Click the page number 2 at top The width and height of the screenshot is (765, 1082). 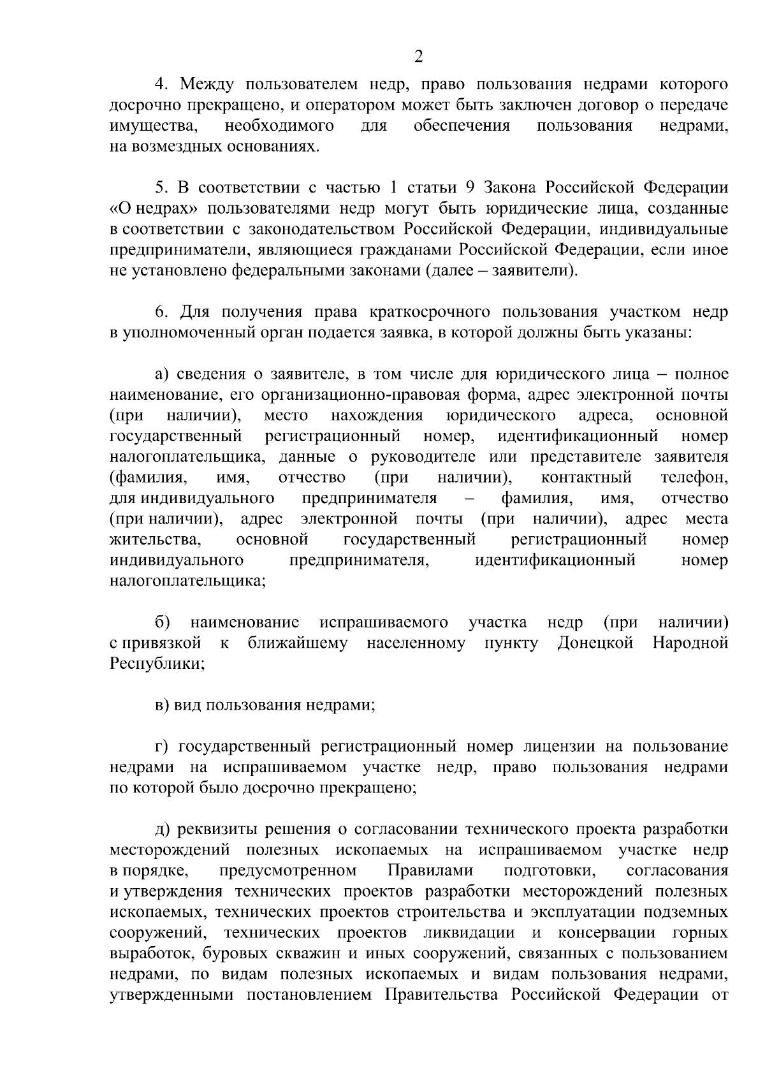[x=418, y=57]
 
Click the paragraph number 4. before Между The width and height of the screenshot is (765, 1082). [x=162, y=84]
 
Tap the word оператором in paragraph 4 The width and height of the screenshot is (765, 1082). [x=345, y=105]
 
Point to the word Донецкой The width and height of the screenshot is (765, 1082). [x=595, y=643]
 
